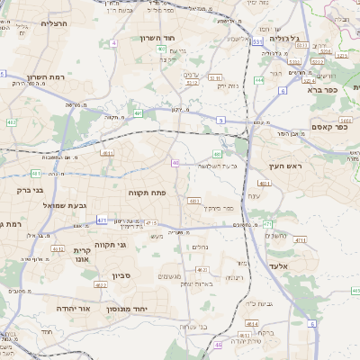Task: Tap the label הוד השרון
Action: coord(161,39)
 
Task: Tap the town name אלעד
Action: coord(278,266)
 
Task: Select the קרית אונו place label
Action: coord(84,255)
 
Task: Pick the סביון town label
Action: coord(122,275)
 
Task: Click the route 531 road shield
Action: coord(257,42)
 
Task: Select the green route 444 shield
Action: coord(259,80)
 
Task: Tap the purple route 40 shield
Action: coord(175,163)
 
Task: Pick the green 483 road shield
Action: coord(218,154)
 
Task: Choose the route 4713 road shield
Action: coord(151,223)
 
